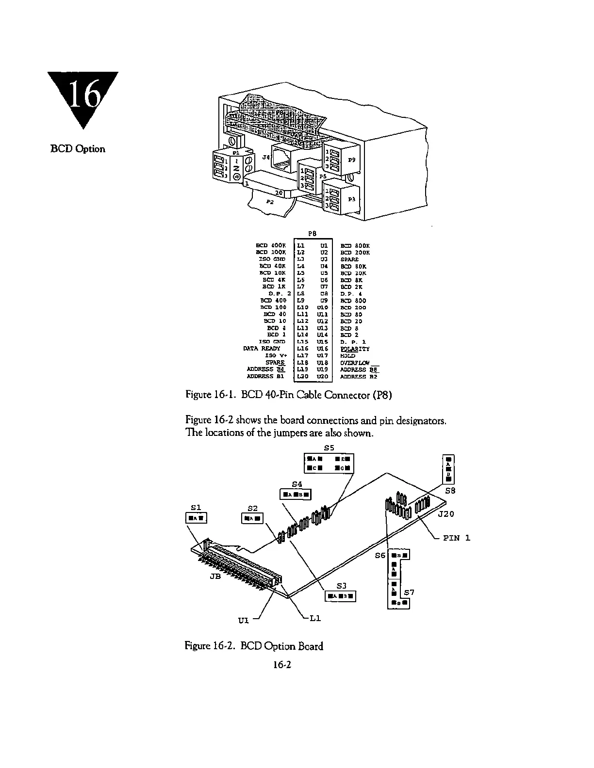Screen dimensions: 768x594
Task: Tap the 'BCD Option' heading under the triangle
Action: [78, 149]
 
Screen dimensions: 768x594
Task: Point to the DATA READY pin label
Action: [262, 348]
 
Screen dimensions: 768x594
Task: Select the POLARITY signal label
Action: [355, 349]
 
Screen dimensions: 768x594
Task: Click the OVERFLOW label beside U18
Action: [355, 362]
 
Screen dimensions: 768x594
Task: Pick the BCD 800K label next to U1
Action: [355, 246]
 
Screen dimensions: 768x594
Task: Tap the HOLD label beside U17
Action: [347, 355]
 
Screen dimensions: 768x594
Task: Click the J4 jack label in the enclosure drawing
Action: [265, 157]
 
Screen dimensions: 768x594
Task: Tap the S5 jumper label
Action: [329, 448]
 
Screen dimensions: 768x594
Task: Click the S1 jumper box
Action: [197, 518]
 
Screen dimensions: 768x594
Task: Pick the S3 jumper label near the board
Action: [341, 586]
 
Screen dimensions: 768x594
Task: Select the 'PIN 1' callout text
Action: [457, 538]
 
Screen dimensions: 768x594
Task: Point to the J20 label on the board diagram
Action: [446, 514]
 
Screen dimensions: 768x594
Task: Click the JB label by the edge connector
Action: [215, 576]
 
